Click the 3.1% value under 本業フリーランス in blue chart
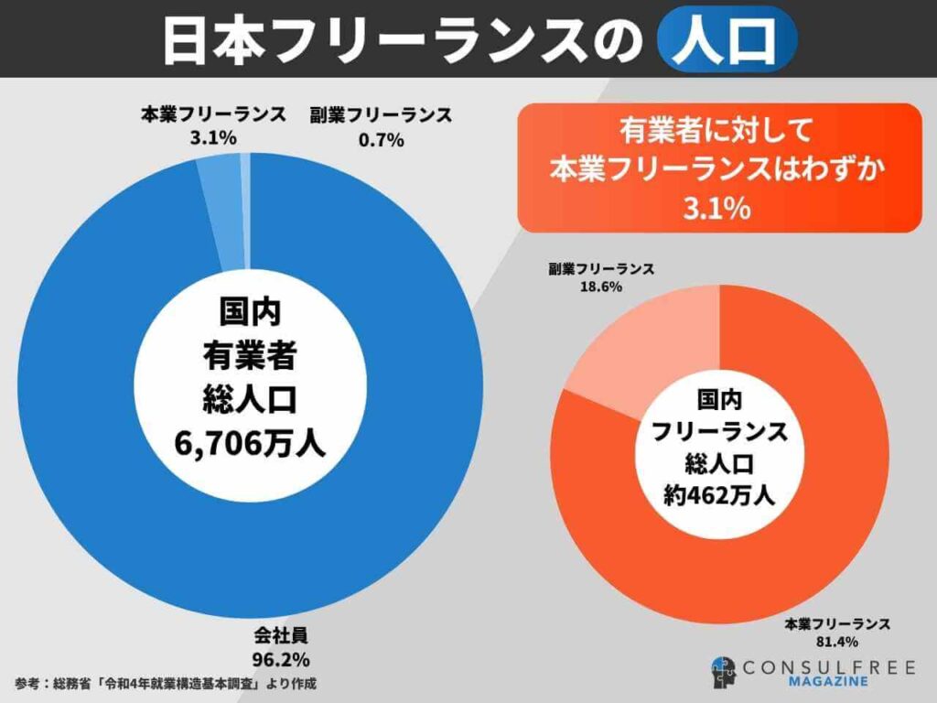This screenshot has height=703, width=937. pos(212,138)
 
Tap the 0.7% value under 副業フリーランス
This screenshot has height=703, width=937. pos(380,138)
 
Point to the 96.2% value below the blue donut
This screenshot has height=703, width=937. pos(280,658)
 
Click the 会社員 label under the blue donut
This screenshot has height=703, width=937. pos(280,637)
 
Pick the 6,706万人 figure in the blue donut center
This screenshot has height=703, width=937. pos(250,443)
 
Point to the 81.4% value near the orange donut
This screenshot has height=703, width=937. pos(837,641)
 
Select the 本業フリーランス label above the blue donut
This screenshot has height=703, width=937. pos(212,115)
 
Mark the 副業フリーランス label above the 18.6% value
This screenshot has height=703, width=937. pos(601,268)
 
